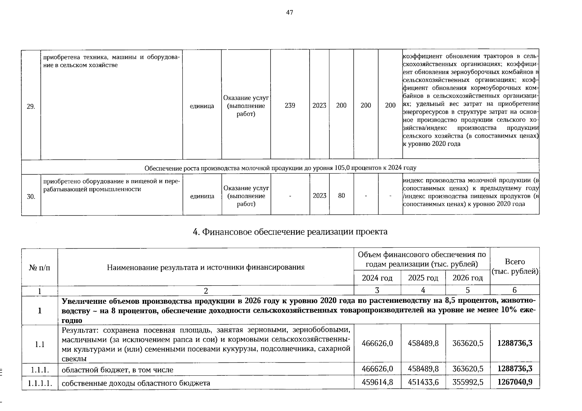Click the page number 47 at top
pos(289,13)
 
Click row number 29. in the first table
pos(31,106)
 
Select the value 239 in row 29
pos(290,105)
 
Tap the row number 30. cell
pos(31,197)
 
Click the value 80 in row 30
pos(341,196)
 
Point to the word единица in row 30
pos(202,196)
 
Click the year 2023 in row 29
pos(319,105)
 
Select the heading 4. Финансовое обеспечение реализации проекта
pos(290,232)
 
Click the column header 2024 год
pos(377,278)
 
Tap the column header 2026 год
pos(467,278)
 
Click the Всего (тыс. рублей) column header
pos(515,266)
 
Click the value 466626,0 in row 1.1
pos(377,343)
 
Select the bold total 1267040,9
pos(515,382)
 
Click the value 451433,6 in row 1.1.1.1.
pos(423,382)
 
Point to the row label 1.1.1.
pos(39,370)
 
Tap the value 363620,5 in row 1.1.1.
pos(468,369)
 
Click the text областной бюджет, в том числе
pos(117,370)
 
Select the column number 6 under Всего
pos(514,290)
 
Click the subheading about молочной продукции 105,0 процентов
pos(280,168)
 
